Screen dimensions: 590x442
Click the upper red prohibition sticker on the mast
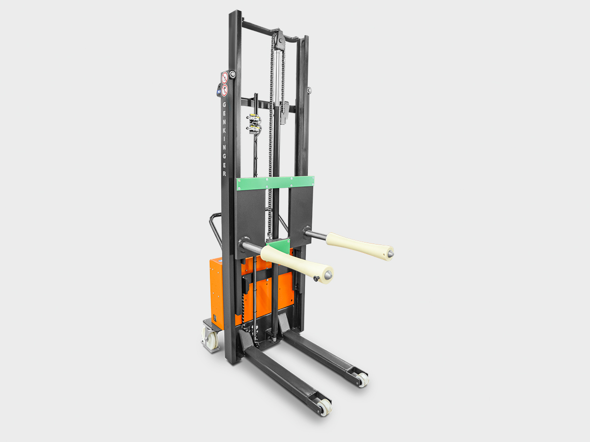coord(224,78)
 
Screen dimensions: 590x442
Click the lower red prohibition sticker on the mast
coord(224,90)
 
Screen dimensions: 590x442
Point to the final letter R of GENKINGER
coord(224,173)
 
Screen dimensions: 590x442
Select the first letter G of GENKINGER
coord(224,105)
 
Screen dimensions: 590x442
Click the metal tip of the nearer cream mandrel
coord(328,275)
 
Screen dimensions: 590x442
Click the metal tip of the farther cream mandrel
coord(390,253)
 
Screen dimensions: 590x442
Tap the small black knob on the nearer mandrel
coord(316,279)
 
